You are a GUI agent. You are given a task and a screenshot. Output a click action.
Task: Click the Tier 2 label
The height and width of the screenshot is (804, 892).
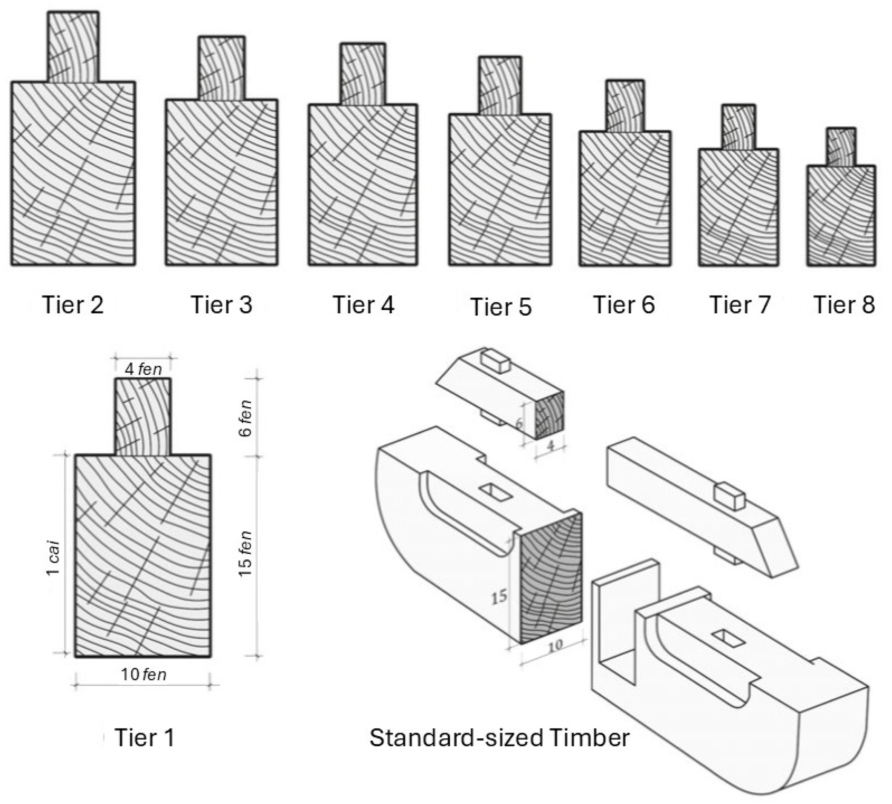pyautogui.click(x=73, y=305)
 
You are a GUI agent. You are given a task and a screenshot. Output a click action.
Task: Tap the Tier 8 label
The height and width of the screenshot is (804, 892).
pyautogui.click(x=843, y=305)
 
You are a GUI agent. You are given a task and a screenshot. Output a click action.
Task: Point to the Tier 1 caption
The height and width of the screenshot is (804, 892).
pyautogui.click(x=144, y=737)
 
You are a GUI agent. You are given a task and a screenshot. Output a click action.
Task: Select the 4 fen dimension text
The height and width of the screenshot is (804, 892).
pyautogui.click(x=143, y=369)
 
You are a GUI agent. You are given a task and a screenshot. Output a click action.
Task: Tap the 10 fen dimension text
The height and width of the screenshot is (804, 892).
pyautogui.click(x=144, y=675)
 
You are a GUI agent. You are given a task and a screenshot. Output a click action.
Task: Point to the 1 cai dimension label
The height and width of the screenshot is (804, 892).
pyautogui.click(x=54, y=558)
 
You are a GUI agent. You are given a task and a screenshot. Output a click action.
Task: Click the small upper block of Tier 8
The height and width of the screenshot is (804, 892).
pyautogui.click(x=841, y=147)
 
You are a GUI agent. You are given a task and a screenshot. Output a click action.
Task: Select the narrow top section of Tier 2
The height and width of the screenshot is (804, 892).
pyautogui.click(x=73, y=47)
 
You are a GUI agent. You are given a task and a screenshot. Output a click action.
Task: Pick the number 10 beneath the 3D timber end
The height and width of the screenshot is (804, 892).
pyautogui.click(x=555, y=645)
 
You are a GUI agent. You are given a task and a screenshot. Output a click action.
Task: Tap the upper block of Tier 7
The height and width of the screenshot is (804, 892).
pyautogui.click(x=738, y=127)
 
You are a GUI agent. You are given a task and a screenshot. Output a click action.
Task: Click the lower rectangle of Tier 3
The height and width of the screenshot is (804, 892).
pyautogui.click(x=221, y=182)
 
